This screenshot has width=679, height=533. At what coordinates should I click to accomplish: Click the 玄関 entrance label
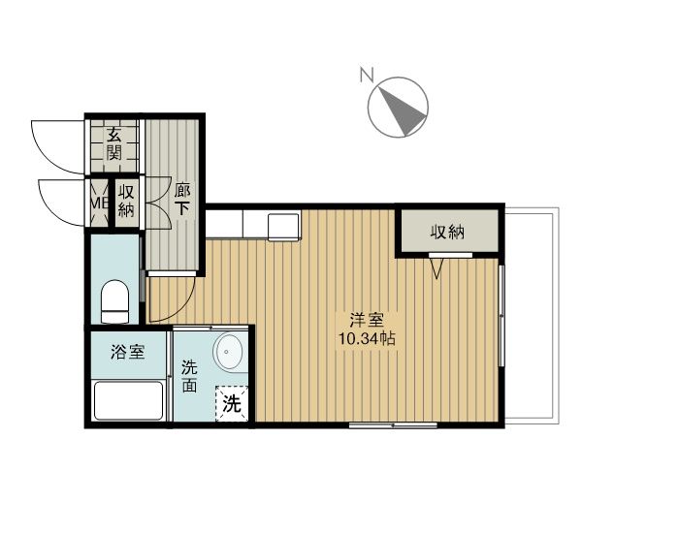(x=114, y=144)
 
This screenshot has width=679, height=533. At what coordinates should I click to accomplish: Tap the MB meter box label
(x=99, y=203)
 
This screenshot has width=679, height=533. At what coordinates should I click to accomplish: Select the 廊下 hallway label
(x=182, y=200)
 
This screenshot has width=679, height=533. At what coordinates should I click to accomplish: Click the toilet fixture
(x=114, y=301)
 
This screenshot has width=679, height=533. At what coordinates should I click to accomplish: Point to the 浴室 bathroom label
(x=127, y=352)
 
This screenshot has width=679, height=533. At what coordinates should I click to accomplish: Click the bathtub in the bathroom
(x=128, y=400)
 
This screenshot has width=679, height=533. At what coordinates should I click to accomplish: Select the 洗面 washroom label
(x=189, y=376)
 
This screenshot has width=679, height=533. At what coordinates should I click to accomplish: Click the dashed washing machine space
(x=232, y=404)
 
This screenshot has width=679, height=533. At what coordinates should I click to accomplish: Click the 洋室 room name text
(x=368, y=320)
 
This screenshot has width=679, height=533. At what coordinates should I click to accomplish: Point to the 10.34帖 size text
(x=367, y=338)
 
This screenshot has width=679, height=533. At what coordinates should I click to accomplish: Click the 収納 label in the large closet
(x=447, y=232)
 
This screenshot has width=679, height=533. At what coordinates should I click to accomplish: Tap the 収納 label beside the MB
(x=126, y=201)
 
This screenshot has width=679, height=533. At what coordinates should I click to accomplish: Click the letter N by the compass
(x=367, y=75)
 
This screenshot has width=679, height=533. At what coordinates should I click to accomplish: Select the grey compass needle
(x=402, y=110)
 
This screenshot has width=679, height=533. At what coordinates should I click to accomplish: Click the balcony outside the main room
(x=532, y=316)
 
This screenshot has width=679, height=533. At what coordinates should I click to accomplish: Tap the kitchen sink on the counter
(x=284, y=226)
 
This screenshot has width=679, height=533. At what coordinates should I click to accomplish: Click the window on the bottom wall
(x=393, y=425)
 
